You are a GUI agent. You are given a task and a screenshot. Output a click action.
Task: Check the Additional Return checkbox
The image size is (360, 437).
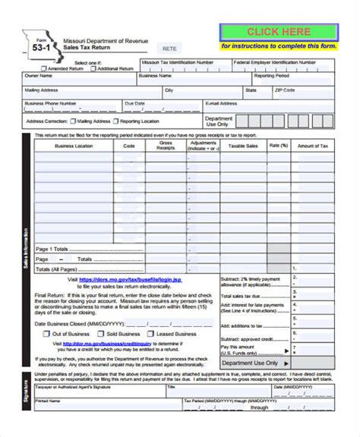(94, 69)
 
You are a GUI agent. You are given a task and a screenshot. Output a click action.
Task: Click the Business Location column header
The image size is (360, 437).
(74, 145)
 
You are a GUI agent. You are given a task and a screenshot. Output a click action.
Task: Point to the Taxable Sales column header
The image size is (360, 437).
(243, 145)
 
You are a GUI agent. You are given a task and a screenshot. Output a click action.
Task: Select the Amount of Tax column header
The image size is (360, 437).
(313, 145)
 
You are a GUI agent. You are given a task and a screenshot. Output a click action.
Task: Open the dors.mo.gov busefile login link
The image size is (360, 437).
(136, 279)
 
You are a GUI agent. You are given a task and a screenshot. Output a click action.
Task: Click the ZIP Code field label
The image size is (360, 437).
(285, 90)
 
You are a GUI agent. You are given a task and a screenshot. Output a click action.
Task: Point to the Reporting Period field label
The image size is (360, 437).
(272, 76)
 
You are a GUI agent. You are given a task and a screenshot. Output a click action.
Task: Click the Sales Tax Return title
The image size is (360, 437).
(84, 47)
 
